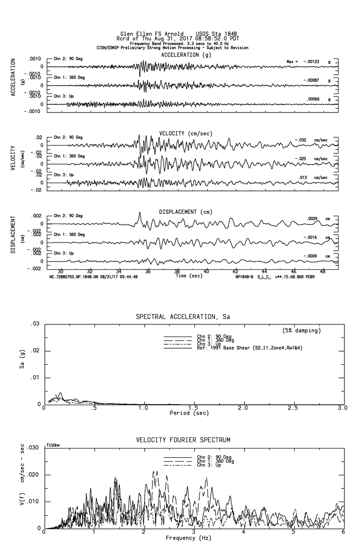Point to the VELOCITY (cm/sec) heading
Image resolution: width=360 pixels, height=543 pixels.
(186, 133)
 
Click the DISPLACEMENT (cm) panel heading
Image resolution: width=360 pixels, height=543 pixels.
(186, 212)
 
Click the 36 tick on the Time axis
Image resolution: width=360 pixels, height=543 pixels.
(148, 271)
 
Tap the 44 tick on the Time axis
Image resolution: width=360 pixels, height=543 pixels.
(265, 271)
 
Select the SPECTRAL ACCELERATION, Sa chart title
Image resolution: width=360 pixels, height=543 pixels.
(183, 317)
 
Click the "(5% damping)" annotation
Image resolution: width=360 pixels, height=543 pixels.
(302, 330)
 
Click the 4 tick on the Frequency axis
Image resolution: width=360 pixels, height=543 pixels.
(243, 532)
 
